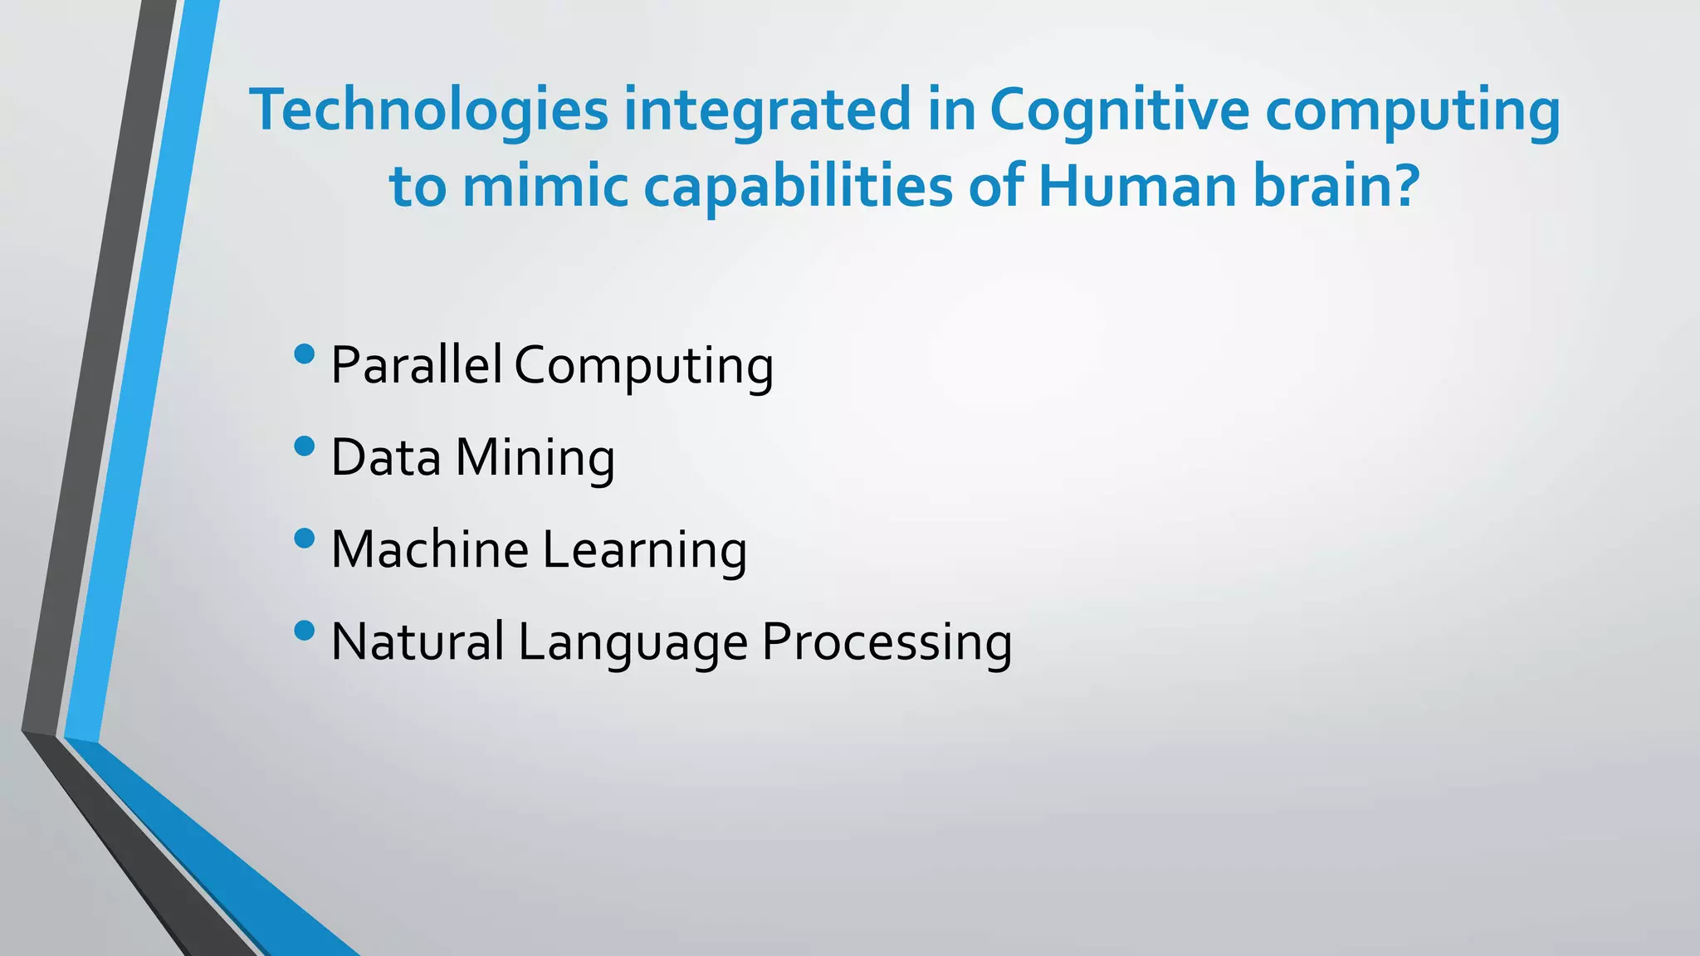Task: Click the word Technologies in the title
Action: coord(429,111)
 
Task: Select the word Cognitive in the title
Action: coord(1119,110)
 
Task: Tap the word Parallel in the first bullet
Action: coord(416,364)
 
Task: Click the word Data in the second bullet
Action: coord(385,457)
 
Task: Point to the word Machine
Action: coord(429,549)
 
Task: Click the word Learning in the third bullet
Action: coord(644,551)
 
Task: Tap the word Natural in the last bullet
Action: coord(418,641)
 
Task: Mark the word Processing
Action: coord(887,643)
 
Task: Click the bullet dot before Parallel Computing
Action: coord(305,354)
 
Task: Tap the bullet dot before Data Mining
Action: coord(305,446)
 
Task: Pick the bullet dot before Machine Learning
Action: coord(305,539)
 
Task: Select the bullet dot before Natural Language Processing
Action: coord(305,631)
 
